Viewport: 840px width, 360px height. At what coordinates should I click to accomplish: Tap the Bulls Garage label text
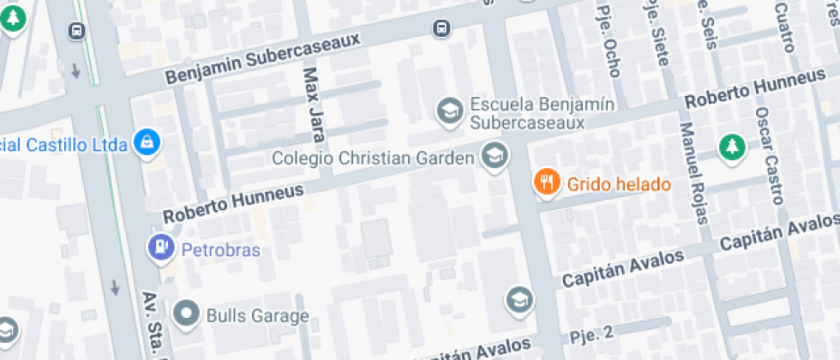pos(257,315)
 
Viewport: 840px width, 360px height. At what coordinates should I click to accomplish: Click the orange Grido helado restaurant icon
pos(547,182)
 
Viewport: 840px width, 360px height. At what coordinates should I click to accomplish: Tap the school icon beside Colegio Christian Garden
pos(494,156)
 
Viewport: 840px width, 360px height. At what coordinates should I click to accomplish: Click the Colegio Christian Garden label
pos(373,159)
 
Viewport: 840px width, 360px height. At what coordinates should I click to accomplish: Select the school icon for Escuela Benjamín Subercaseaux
pos(447,109)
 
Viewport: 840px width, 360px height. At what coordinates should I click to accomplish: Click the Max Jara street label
pos(312,105)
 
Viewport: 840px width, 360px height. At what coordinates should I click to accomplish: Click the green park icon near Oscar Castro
pos(731,147)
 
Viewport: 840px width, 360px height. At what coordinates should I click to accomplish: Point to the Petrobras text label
pos(220,249)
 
